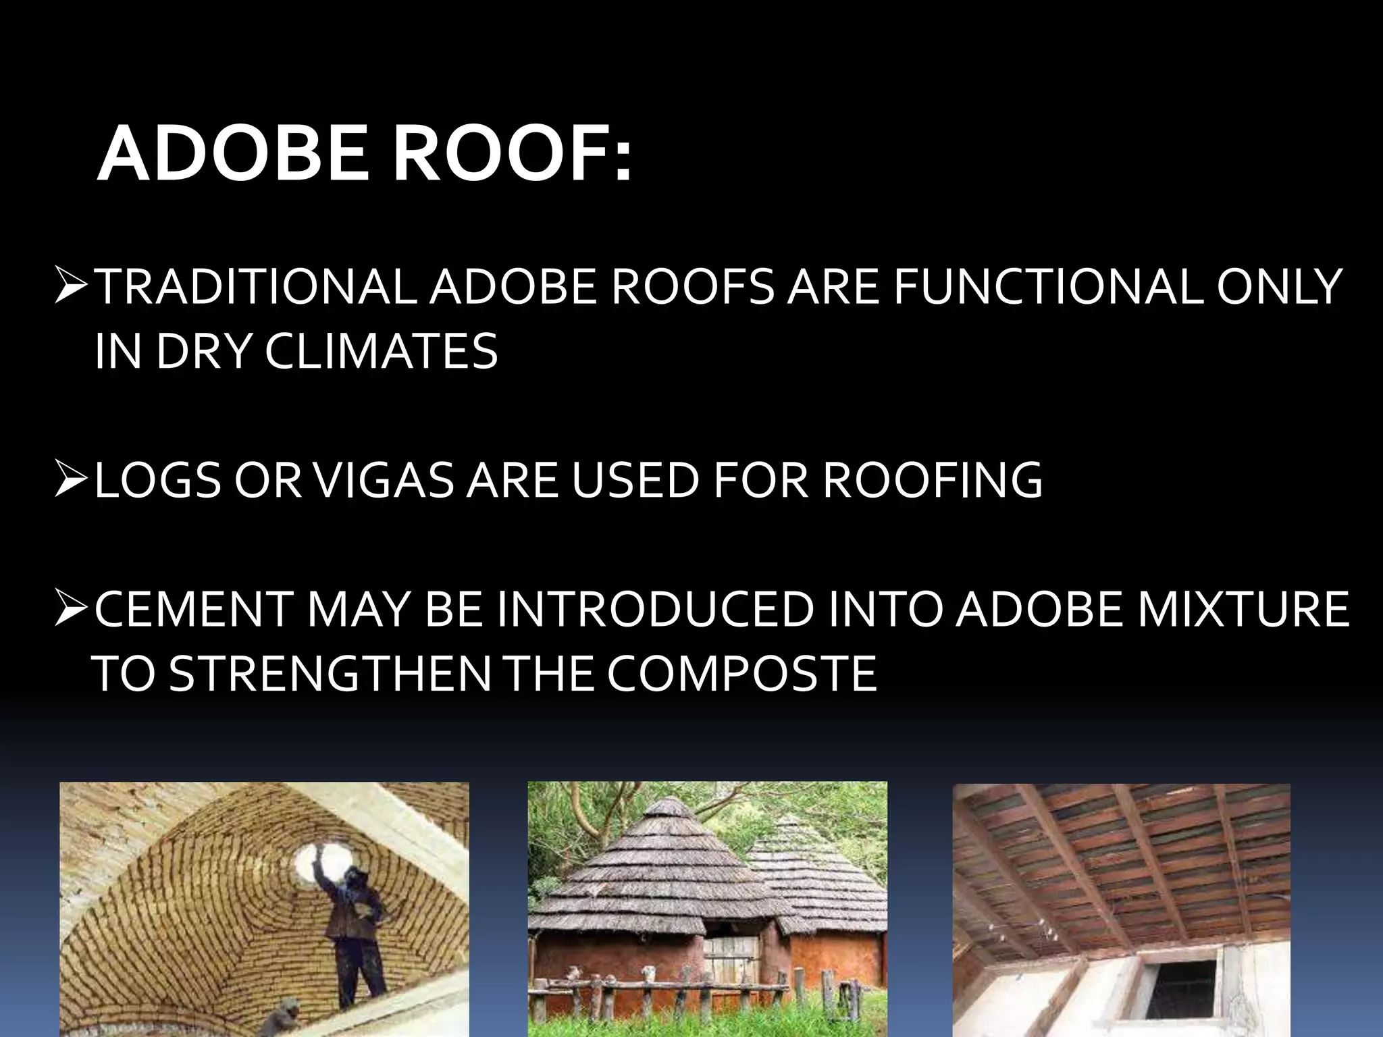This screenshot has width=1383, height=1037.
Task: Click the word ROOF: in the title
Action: coord(513,155)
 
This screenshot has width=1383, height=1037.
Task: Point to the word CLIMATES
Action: coord(381,351)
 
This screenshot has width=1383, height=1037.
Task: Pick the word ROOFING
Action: coord(933,481)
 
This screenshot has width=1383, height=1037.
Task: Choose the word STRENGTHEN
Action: coord(330,674)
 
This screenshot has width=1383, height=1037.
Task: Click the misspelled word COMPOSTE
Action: coord(741,674)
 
